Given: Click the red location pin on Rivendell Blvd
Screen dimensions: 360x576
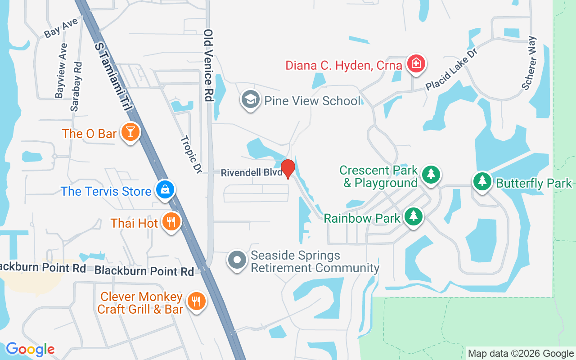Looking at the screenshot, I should tap(288, 169).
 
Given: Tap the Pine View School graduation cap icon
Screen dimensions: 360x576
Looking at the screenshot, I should tap(251, 99).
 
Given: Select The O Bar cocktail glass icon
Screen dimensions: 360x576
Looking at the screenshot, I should tap(130, 132).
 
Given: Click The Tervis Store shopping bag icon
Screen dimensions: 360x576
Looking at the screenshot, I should tap(165, 190).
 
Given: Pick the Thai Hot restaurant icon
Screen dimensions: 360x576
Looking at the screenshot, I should tap(171, 221).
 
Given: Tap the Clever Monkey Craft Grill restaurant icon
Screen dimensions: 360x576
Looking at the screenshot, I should tap(196, 301).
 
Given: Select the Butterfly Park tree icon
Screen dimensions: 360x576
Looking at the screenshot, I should tap(482, 181).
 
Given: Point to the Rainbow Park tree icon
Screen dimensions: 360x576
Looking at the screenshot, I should tap(413, 217).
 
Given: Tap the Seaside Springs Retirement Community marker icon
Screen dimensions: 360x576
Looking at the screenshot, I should tap(238, 260).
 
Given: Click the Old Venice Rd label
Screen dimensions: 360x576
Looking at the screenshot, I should tap(208, 65).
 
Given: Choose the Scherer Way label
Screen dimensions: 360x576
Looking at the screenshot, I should tap(530, 63).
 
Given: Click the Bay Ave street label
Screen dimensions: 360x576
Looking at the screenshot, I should tap(61, 28).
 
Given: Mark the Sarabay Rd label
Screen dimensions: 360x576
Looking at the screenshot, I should tap(76, 86).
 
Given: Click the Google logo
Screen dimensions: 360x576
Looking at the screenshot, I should tap(30, 349).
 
